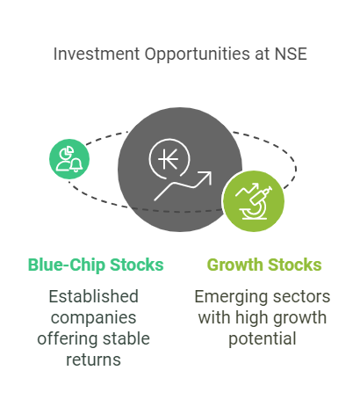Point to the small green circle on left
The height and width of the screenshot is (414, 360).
69,158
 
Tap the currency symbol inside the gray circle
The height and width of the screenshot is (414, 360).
167,159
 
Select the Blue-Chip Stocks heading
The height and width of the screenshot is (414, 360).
96,265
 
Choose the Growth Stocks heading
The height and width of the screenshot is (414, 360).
263,265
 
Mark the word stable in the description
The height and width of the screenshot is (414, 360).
128,338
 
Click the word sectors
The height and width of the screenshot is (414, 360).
298,296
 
